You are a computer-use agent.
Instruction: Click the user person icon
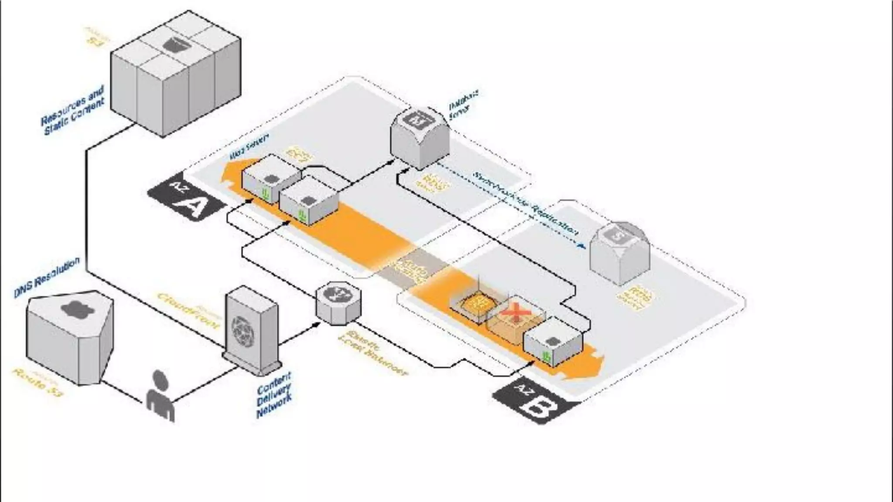click(x=160, y=397)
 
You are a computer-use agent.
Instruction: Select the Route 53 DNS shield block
click(x=70, y=336)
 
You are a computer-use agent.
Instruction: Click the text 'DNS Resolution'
click(x=47, y=277)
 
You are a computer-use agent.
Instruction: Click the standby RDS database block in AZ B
click(x=620, y=253)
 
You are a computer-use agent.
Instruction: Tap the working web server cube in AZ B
click(x=553, y=343)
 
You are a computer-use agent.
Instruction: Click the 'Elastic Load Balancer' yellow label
click(x=375, y=353)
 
